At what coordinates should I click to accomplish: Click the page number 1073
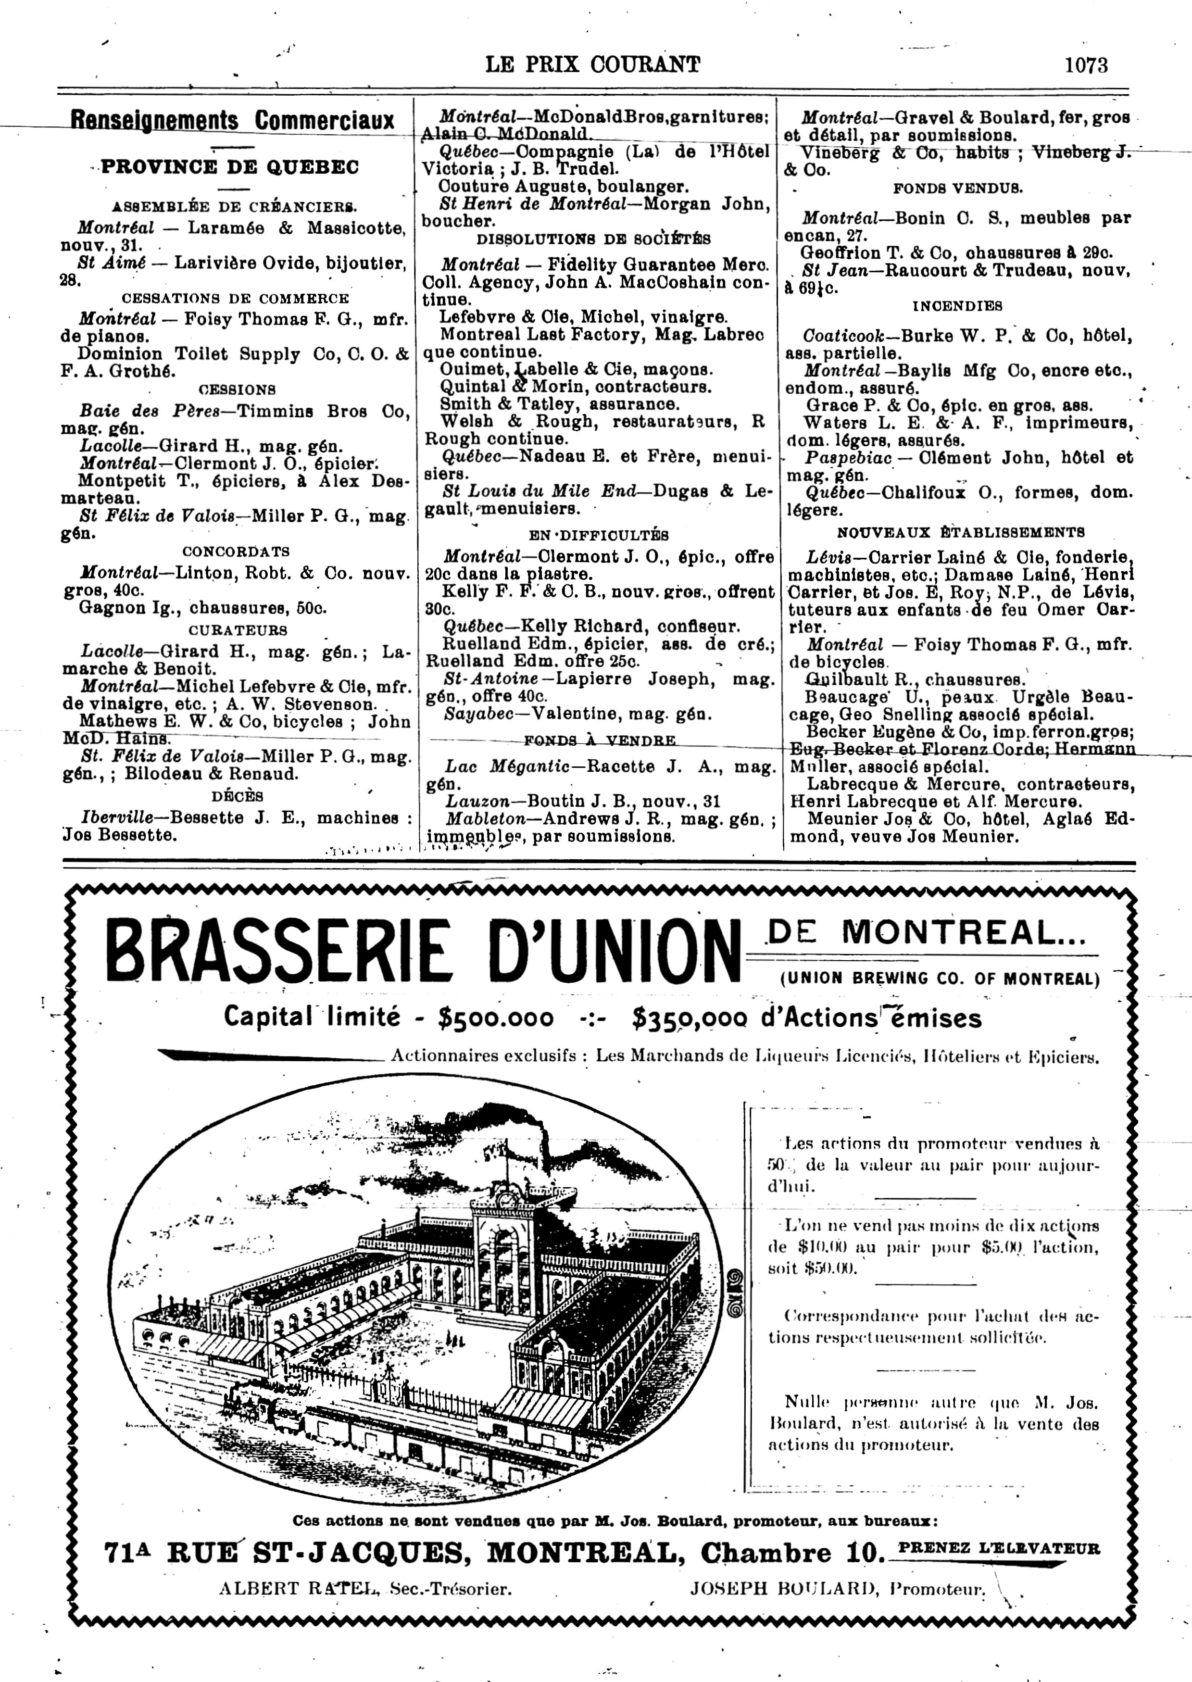pos(1086,65)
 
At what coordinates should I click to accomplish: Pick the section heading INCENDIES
pos(957,305)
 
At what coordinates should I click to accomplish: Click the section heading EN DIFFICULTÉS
pos(598,535)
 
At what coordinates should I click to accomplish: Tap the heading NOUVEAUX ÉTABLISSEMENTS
pos(961,532)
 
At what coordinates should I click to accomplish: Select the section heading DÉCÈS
pos(237,796)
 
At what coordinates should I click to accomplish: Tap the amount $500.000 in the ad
pos(495,1018)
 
